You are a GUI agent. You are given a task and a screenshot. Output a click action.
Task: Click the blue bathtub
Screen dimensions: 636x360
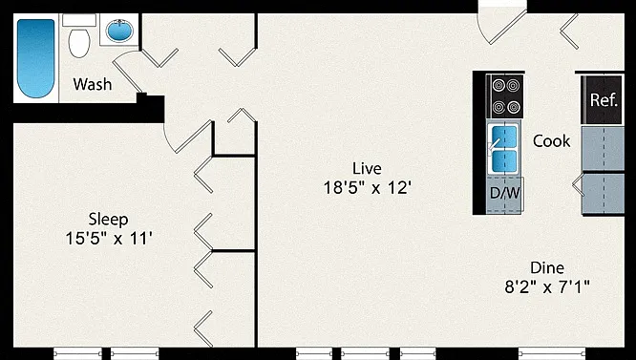pos(35,58)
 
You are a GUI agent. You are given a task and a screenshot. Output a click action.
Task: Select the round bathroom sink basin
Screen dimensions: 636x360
pos(119,30)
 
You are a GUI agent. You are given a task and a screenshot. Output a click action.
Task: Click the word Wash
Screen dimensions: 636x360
pos(93,84)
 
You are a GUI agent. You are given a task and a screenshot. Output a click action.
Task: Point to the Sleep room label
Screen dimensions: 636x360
pos(108,220)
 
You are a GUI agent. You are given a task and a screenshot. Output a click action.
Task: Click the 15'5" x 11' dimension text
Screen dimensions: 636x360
pos(109,239)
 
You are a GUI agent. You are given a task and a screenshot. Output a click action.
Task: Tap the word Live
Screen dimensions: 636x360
pos(367,168)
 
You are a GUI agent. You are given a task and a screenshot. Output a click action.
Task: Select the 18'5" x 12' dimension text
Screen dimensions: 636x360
pos(368,188)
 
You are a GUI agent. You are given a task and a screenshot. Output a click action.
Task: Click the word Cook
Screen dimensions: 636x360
pos(551,141)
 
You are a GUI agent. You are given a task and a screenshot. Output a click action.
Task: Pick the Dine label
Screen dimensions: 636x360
pos(547,268)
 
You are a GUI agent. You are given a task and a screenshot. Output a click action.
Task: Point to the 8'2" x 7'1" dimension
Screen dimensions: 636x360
pos(547,287)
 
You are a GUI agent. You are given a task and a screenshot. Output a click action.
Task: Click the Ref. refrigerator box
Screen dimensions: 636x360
pos(604,99)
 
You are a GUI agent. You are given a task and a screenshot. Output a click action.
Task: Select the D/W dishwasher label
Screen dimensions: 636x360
pos(504,193)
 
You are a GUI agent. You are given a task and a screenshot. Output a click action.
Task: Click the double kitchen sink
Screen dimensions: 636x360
pos(504,149)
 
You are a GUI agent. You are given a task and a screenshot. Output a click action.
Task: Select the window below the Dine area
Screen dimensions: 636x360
pos(551,353)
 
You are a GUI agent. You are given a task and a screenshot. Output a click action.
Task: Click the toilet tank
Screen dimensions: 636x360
pos(79,20)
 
